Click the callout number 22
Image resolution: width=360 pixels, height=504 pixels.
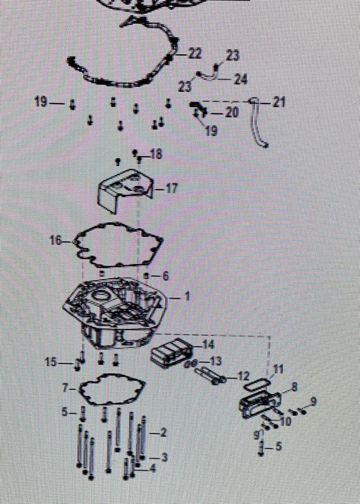pos(195,54)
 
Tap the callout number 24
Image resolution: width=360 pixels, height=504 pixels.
pos(240,79)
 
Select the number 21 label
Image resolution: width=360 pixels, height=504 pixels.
pos(279,103)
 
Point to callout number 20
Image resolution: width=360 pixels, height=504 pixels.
pos(231,112)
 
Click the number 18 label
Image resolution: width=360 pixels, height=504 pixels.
pos(156,154)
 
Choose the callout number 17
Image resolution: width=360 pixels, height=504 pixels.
pos(171,188)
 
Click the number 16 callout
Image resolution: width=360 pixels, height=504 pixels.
pos(56,240)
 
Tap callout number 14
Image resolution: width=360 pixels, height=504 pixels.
pos(208,345)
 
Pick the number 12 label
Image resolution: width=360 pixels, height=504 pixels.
pos(243,375)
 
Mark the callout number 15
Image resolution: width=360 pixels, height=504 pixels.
pos(51,362)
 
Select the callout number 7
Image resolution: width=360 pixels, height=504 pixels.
pos(66,389)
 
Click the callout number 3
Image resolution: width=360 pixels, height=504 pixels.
pos(164,457)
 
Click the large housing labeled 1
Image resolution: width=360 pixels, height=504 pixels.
pos(115,312)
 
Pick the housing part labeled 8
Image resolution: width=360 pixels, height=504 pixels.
pos(260,403)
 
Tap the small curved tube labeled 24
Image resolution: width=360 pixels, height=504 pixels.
pos(209,76)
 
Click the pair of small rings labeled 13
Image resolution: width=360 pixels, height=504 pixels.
pos(190,364)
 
